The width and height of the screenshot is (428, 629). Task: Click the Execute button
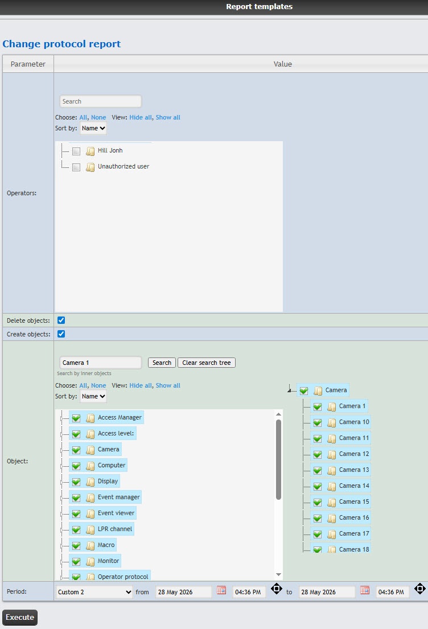20,617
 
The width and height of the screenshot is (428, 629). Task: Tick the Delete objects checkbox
61,320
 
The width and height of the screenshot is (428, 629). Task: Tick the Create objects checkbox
61,334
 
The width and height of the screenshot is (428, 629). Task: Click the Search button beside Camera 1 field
162,363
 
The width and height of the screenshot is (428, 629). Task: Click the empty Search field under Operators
100,101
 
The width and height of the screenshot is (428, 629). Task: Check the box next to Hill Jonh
76,151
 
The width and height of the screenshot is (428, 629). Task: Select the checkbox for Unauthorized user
76,167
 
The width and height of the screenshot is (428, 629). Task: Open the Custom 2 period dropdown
94,592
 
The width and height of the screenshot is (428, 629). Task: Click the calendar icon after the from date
221,590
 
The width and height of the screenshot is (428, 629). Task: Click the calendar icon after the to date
365,590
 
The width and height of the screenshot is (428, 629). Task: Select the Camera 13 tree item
354,470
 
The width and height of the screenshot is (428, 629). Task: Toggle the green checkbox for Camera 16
317,518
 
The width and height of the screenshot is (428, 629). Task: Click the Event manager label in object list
119,497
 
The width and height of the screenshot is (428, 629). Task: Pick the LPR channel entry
115,529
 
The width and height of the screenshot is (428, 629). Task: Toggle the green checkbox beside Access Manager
76,418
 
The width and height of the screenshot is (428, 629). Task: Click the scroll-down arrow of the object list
278,575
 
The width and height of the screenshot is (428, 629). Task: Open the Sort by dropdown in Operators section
93,129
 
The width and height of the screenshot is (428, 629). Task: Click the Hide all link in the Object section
141,385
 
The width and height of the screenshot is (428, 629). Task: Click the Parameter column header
28,64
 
